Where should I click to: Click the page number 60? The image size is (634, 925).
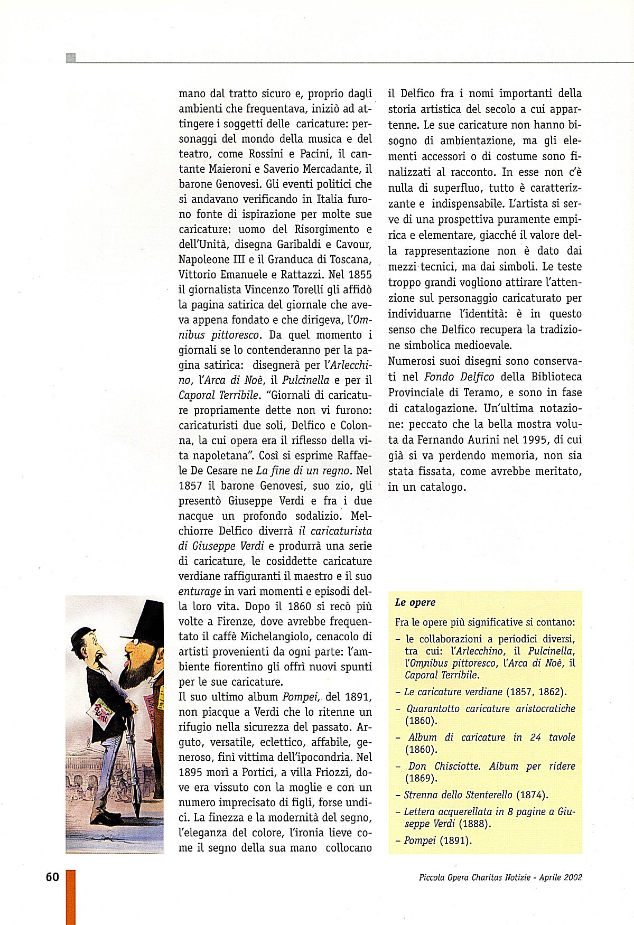pyautogui.click(x=52, y=877)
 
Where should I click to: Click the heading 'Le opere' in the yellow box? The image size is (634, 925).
pyautogui.click(x=415, y=602)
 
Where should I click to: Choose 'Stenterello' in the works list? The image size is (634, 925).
pyautogui.click(x=484, y=795)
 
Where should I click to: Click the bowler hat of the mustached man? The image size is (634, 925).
pyautogui.click(x=83, y=634)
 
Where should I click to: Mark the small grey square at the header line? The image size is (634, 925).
pyautogui.click(x=71, y=58)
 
